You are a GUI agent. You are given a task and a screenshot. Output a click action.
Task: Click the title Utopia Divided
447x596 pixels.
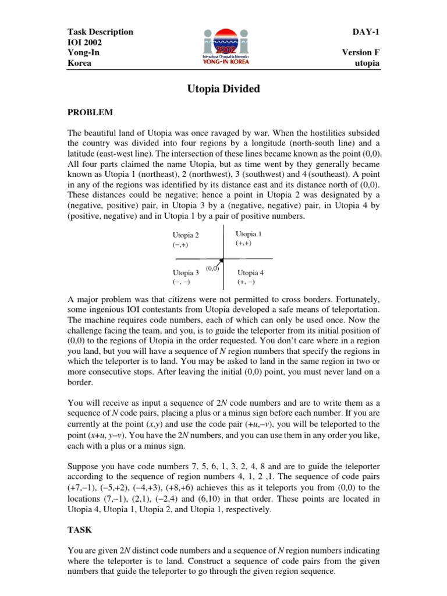[x=223, y=89]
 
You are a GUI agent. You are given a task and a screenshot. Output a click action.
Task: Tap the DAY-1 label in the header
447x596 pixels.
[x=367, y=31]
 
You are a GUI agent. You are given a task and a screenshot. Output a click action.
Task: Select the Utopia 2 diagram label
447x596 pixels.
[x=186, y=235]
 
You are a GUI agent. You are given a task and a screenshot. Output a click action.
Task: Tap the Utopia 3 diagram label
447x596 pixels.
[x=186, y=272]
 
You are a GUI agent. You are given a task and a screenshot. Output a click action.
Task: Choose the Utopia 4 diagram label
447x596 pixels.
[x=251, y=272]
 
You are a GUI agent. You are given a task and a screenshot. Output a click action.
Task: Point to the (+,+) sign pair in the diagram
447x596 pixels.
[x=243, y=243]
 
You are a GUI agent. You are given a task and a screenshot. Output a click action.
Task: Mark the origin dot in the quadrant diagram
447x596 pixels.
[x=222, y=260]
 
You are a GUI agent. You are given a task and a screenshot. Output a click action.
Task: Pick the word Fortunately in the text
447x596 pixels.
[x=353, y=300]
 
